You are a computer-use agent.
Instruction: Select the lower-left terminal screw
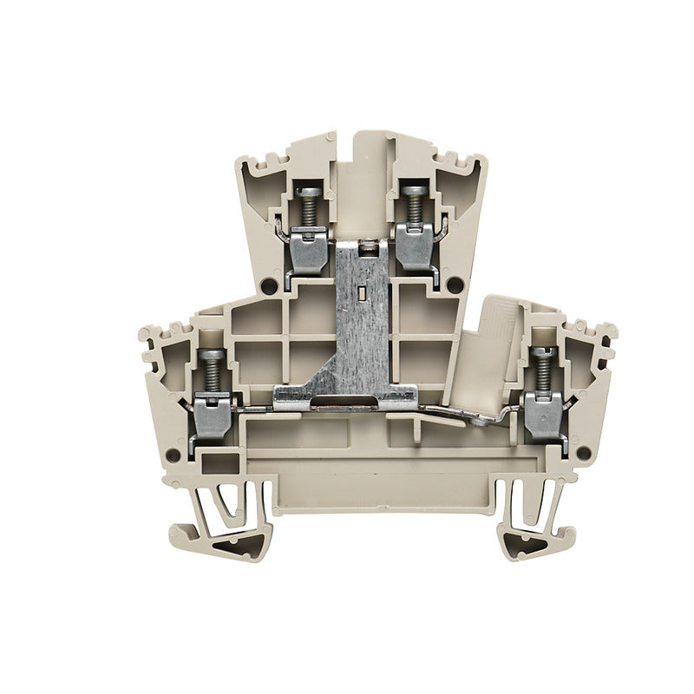coord(209,369)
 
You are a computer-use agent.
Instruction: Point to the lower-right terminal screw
coord(543,369)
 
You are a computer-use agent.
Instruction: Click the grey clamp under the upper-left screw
coord(308,246)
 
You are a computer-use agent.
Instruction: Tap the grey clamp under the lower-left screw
coord(211,415)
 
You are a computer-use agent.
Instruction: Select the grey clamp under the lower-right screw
coord(543,415)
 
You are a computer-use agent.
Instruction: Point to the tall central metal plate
coord(360,321)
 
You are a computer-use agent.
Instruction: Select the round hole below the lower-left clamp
coord(174,454)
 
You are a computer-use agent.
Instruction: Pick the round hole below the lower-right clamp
coord(583,451)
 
